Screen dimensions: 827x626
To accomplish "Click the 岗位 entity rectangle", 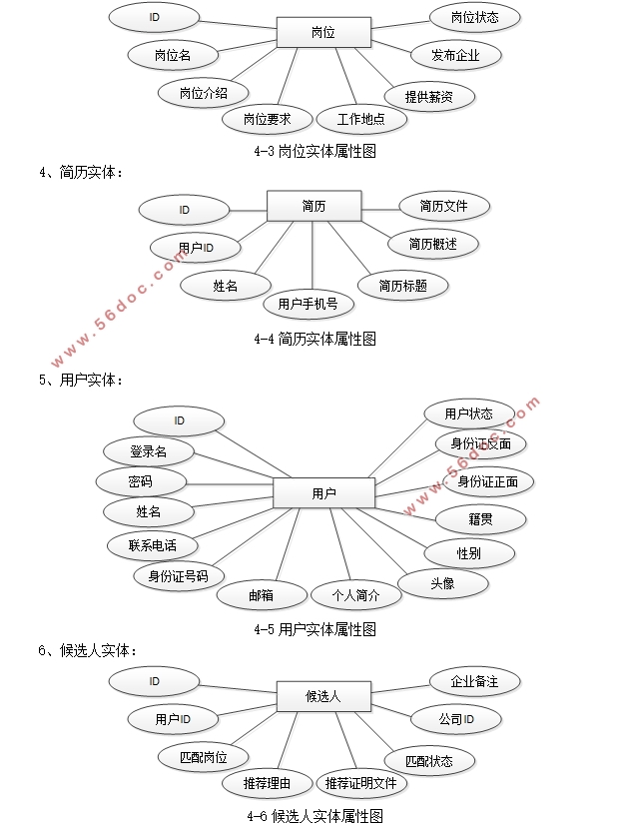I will click(322, 32).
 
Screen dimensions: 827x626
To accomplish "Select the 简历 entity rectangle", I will click(313, 207).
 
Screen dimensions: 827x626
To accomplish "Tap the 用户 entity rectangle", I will click(323, 493).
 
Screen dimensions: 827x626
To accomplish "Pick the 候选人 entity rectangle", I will click(322, 696).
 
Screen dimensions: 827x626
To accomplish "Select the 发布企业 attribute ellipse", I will click(455, 55).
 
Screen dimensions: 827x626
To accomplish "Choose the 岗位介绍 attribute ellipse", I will click(204, 93).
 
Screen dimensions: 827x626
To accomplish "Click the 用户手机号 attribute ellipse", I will click(308, 304).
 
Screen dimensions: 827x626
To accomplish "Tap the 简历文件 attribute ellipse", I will click(443, 207).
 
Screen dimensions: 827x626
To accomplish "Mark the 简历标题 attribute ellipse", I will click(403, 286).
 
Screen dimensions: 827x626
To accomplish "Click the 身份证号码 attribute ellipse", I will click(179, 575).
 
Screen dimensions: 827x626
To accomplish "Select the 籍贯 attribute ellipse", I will click(480, 518).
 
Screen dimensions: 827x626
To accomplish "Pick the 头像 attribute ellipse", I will click(442, 583).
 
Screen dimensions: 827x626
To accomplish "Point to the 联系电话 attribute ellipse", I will click(153, 545).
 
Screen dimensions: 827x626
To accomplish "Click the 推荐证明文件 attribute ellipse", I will click(361, 783).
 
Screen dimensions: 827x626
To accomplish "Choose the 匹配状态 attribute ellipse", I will click(428, 761).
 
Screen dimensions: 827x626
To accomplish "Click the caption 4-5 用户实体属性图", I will click(314, 629).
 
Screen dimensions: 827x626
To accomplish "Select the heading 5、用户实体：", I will click(81, 380).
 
